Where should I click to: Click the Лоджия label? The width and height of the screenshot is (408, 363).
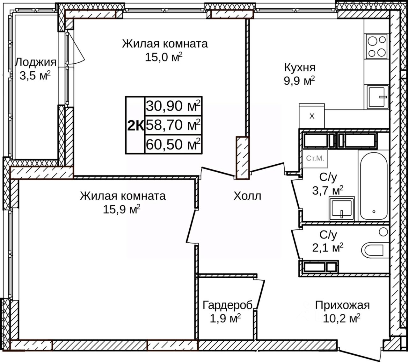pos(36,62)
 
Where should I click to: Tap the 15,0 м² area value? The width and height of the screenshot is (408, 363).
pos(164,57)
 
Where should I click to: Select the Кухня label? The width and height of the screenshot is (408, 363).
pos(300,68)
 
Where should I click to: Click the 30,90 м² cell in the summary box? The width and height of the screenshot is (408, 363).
pos(173,106)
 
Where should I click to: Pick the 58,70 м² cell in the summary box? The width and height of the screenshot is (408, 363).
pos(173,125)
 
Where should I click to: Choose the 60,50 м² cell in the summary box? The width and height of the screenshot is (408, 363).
pos(173,144)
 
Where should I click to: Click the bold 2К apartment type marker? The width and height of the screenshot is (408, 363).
pos(135,125)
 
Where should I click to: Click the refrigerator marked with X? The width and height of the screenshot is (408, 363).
pos(312,116)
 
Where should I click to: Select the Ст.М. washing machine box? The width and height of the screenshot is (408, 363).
pos(315,159)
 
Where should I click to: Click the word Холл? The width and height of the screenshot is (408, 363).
pos(247,196)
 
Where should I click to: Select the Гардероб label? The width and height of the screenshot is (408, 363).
pos(227,305)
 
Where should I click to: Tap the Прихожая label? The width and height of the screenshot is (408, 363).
pos(342,305)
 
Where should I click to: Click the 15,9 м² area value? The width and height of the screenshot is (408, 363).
pos(121,210)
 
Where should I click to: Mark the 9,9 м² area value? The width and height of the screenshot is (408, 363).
pos(299,81)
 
